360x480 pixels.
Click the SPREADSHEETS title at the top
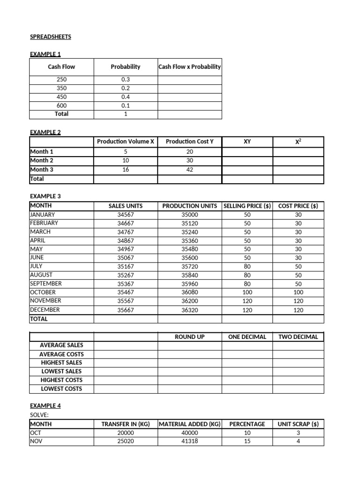(x=51, y=37)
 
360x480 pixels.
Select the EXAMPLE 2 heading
(x=45, y=132)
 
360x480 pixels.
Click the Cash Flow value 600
(x=61, y=105)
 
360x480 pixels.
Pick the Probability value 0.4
(x=125, y=97)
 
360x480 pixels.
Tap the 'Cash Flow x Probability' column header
(x=189, y=67)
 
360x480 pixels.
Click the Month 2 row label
(x=42, y=160)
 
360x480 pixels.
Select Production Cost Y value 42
(x=189, y=170)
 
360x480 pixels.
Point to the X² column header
(x=298, y=142)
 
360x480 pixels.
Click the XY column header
(x=247, y=142)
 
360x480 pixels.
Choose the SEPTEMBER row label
(x=46, y=284)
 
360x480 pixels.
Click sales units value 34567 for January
(x=125, y=215)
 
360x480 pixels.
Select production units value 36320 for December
(x=189, y=310)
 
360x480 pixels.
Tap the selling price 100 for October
(x=247, y=292)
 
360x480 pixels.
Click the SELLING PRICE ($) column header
(x=247, y=206)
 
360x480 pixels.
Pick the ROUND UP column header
(x=189, y=337)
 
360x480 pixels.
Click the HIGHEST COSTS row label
(x=61, y=380)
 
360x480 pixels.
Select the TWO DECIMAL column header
(x=298, y=337)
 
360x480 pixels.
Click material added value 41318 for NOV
(x=189, y=442)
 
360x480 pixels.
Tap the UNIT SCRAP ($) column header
(x=298, y=424)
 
